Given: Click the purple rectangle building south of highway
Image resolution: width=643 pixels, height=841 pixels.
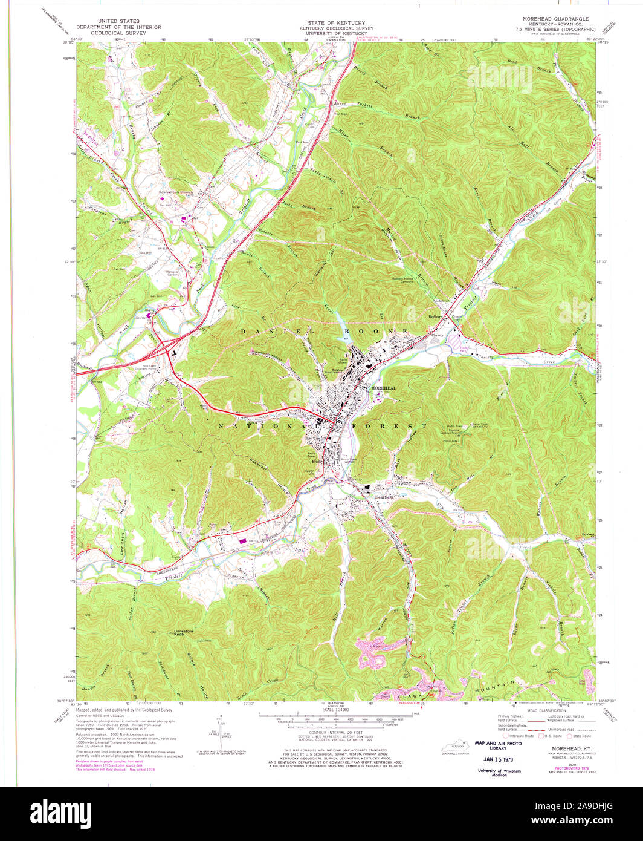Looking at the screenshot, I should click(x=244, y=542).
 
